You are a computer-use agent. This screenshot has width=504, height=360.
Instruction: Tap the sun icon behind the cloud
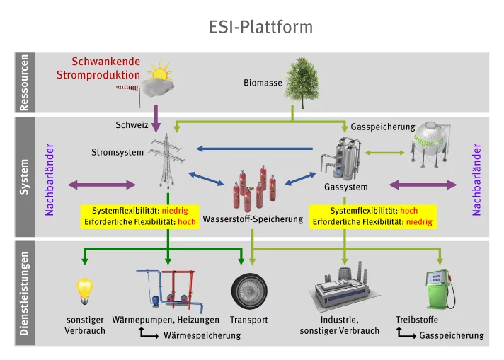161,74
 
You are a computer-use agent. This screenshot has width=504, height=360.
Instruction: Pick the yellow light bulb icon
85,289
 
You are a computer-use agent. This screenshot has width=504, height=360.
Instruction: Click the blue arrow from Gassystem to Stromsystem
254,149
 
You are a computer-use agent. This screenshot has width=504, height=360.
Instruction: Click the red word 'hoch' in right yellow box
408,211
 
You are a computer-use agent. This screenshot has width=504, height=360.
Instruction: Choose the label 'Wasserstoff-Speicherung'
253,219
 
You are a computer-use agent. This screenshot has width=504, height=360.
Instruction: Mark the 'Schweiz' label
132,125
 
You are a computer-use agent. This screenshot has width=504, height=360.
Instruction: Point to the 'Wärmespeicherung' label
202,335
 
